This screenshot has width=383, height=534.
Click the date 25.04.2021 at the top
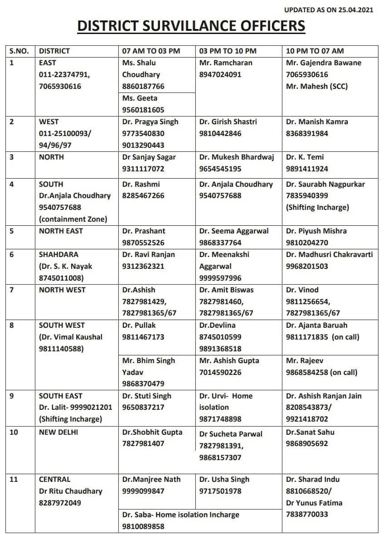pos(354,10)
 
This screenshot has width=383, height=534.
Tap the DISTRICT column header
pos(54,51)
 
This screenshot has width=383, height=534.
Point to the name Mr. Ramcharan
pos(226,63)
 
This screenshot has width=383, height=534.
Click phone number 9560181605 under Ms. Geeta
pos(143,110)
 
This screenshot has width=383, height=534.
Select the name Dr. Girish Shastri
pos(228,121)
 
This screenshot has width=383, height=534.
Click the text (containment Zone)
pos(73,219)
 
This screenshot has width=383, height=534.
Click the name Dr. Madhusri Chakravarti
pos(330,254)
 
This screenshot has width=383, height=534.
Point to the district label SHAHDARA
pos(57,254)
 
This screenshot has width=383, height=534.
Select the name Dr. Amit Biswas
pos(226,290)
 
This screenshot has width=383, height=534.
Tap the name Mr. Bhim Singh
pos(148,360)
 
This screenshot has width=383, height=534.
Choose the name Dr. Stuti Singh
pos(147,396)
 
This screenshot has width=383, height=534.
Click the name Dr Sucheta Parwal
pos(231,434)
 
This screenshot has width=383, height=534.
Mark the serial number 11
pos(14,479)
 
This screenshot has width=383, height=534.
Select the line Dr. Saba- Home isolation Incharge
pos(181,515)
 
